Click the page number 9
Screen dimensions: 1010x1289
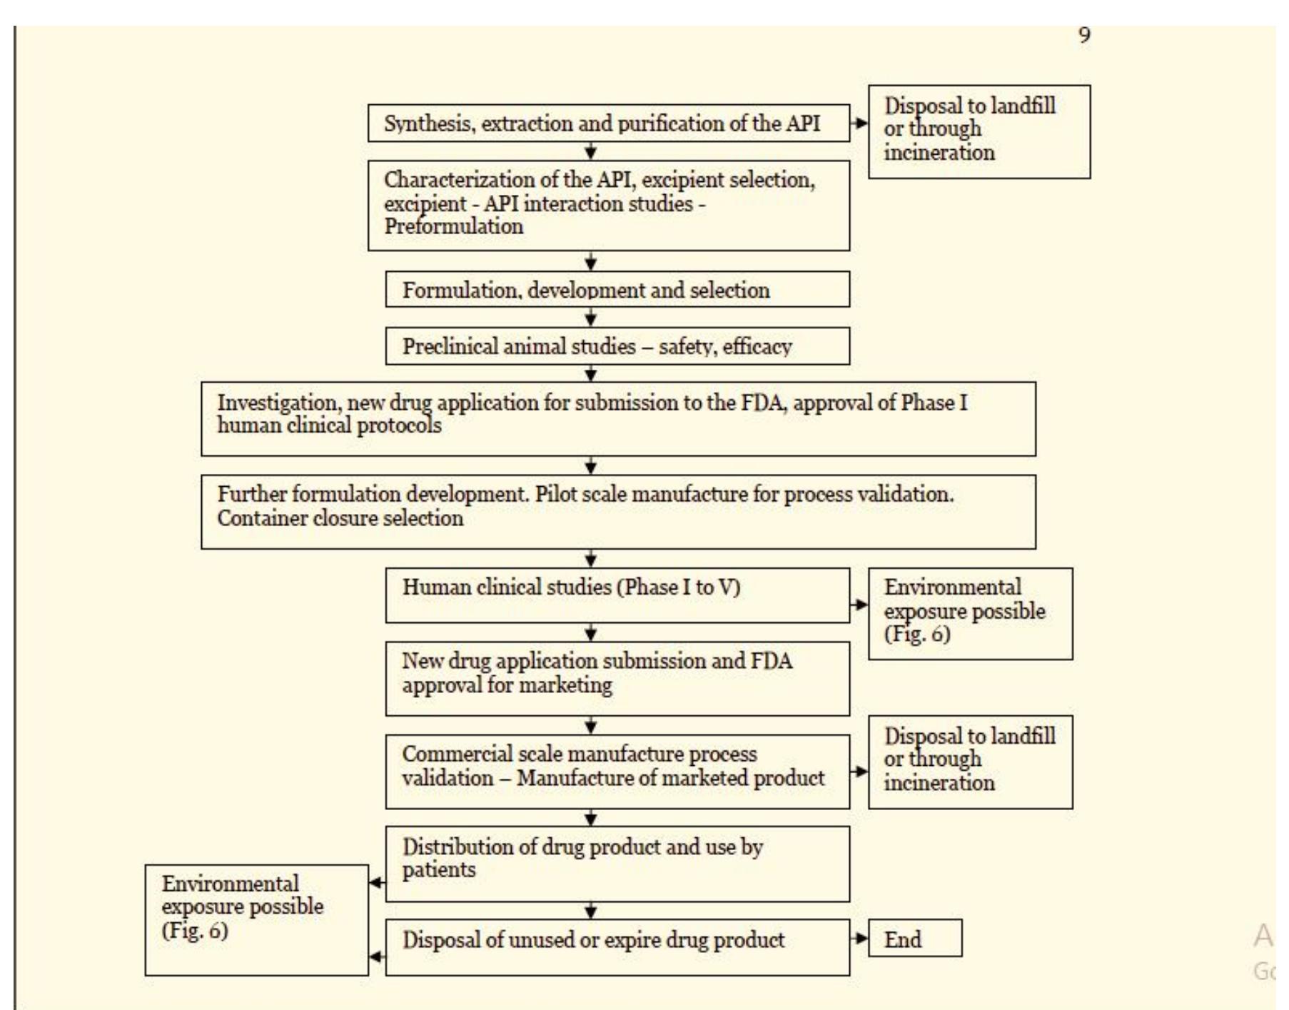pos(1084,35)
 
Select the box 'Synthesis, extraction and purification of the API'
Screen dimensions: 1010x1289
pos(608,123)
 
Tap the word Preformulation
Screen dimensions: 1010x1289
pos(454,227)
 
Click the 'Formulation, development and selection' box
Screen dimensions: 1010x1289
pos(617,290)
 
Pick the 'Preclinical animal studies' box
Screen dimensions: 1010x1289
pos(617,346)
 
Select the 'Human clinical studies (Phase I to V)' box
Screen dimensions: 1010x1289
pos(617,595)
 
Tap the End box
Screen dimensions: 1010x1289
pos(914,938)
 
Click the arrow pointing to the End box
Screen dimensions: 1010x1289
pos(859,938)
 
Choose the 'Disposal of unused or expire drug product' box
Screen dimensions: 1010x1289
pos(617,946)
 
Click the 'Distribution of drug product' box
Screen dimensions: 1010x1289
pos(617,864)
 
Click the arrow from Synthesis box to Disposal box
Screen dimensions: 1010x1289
pos(859,123)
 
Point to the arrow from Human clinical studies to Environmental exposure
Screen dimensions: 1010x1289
pos(859,605)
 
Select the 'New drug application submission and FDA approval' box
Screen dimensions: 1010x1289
pos(617,678)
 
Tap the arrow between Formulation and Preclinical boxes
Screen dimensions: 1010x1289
pos(590,317)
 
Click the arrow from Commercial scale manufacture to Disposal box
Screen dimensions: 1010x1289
pos(859,771)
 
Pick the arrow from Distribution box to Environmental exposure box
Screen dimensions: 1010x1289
pos(377,883)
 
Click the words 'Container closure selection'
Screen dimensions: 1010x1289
pos(340,517)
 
